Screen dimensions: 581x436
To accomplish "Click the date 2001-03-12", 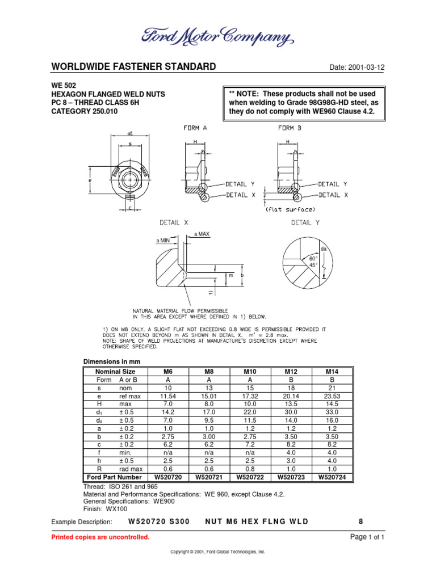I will [357, 68].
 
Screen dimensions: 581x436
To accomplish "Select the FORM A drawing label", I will [195, 128].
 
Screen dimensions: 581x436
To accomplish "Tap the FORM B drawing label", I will [290, 128].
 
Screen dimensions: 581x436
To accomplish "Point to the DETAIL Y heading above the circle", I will [305, 223].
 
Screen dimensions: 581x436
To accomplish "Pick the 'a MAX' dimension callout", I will [203, 234].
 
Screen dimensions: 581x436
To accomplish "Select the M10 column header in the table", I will [250, 372].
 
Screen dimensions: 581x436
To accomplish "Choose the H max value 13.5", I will [291, 403].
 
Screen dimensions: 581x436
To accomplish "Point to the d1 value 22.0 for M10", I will [250, 412].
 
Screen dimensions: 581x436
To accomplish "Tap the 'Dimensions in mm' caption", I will [112, 361].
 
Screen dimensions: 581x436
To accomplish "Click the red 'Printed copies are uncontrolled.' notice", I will [100, 537].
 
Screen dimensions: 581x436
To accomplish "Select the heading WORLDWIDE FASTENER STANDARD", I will [133, 67].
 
